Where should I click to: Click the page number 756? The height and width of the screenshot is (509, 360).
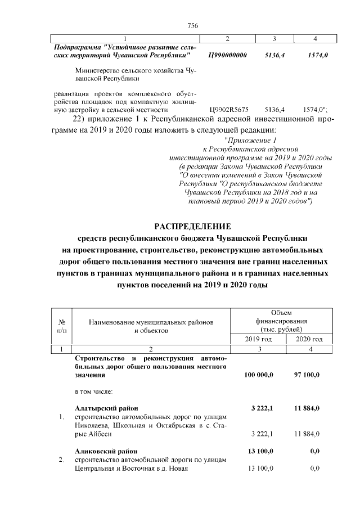click(x=192, y=25)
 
